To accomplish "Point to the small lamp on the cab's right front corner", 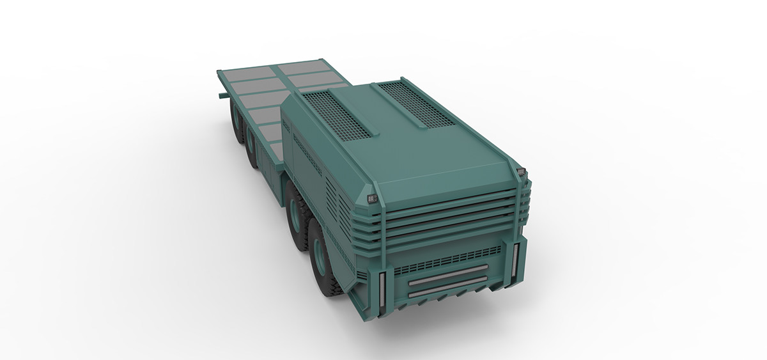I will coord(522,172).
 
